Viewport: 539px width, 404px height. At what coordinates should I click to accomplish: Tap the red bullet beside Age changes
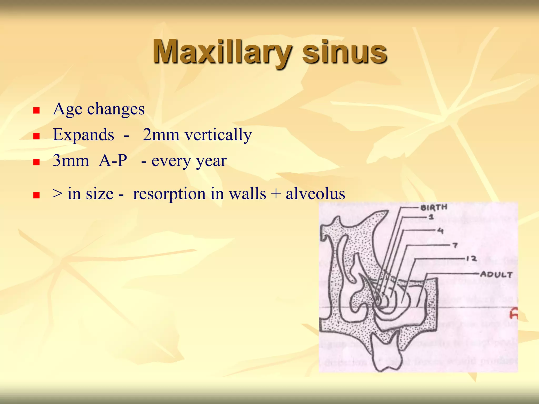click(x=36, y=110)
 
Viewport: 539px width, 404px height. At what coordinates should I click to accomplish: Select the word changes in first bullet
click(x=116, y=109)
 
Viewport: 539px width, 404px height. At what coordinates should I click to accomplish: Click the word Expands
click(x=83, y=135)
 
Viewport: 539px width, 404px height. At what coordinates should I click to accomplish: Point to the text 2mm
click(x=161, y=135)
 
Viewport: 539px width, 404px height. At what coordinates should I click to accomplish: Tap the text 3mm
click(x=71, y=161)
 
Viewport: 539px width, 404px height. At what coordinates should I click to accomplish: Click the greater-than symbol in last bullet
click(x=57, y=194)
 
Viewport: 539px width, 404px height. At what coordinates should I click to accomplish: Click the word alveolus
click(x=315, y=194)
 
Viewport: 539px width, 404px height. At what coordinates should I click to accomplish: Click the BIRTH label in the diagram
click(x=434, y=207)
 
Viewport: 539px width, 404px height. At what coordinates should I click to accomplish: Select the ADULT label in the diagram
click(x=496, y=275)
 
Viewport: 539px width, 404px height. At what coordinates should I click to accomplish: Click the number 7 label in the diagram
click(x=455, y=245)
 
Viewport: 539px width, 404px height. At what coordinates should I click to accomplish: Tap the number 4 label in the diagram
click(x=440, y=231)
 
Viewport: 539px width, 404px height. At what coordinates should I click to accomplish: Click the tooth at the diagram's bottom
click(x=387, y=352)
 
